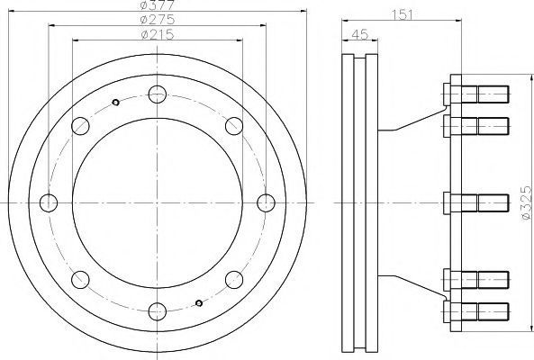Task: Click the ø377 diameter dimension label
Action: pos(158,5)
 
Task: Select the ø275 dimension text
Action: pos(158,20)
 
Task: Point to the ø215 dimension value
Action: pos(158,34)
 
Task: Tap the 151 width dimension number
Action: pos(403,15)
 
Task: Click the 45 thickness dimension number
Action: pos(360,34)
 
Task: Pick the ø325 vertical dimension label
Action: pos(527,202)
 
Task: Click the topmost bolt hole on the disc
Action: pos(158,94)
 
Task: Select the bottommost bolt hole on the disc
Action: pos(158,311)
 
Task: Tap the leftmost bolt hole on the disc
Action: pos(49,202)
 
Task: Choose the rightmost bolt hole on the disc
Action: pos(266,202)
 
